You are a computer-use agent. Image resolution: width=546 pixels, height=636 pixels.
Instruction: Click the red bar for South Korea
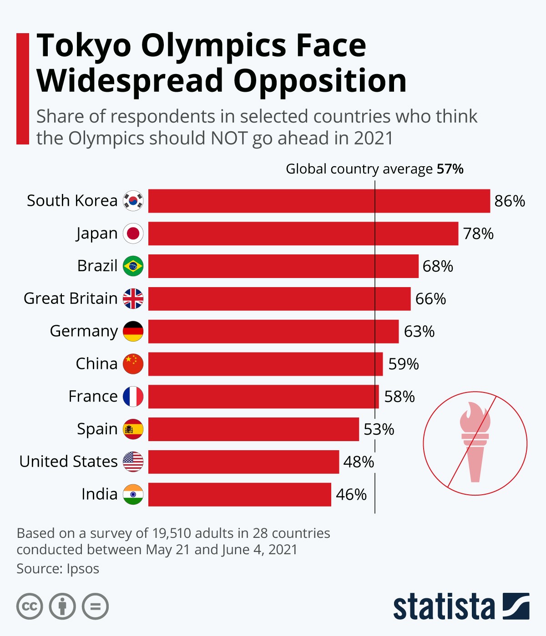(x=318, y=201)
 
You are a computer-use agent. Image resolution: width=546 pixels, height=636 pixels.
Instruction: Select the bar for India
(x=239, y=494)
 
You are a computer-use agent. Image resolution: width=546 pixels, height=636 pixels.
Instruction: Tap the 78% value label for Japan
(x=478, y=234)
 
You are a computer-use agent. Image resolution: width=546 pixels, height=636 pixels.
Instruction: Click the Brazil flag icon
(x=133, y=266)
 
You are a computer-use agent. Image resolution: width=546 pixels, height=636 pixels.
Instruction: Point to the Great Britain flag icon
(x=133, y=298)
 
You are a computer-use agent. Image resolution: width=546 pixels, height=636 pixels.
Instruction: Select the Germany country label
(x=84, y=331)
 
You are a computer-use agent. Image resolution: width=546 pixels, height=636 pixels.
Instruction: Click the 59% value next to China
(x=403, y=364)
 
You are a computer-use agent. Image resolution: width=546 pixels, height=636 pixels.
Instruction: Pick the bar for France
(x=263, y=397)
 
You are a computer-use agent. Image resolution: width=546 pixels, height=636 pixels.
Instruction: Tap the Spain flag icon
(x=133, y=429)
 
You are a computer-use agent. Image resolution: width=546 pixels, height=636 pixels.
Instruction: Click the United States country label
(x=68, y=462)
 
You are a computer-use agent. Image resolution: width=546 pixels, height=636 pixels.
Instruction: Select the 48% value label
(x=359, y=462)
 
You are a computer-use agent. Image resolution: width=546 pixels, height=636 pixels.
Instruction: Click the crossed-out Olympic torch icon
(x=475, y=443)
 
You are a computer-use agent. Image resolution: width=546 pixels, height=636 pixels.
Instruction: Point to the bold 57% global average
(x=450, y=169)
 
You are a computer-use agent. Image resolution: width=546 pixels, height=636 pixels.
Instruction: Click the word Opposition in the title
(x=320, y=81)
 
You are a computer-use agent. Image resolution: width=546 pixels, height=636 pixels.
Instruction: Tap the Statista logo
(x=461, y=606)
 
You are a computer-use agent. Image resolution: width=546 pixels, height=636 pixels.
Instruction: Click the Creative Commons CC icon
(x=30, y=606)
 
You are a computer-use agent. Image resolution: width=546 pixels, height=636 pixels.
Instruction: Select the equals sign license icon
(x=95, y=606)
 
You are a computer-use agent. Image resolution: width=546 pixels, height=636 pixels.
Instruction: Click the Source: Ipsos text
(x=58, y=569)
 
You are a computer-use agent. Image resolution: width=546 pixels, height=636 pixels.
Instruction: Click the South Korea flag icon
(x=133, y=201)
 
